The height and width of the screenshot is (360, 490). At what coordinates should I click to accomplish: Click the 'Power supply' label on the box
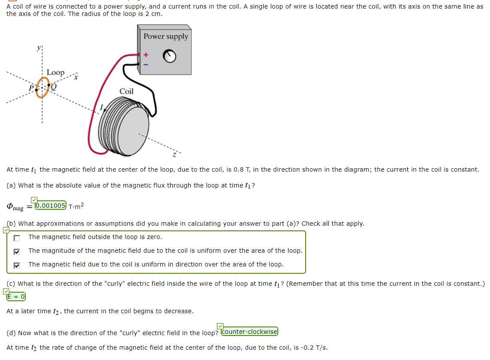pos(165,36)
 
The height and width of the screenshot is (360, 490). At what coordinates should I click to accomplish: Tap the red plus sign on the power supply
pos(146,55)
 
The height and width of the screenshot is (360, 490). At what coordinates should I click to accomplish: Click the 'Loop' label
pos(55,73)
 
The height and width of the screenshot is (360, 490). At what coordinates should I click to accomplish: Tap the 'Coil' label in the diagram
pos(126,91)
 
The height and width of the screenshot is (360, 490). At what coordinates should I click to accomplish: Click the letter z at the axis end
pos(174,154)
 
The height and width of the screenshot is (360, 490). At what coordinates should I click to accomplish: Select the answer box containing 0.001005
pos(51,205)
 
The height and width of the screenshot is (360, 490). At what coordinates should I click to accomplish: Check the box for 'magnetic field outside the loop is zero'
pos(17,238)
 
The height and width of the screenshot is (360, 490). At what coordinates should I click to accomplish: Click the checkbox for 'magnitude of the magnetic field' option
pos(17,251)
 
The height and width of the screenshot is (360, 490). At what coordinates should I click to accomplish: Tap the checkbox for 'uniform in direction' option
pos(17,265)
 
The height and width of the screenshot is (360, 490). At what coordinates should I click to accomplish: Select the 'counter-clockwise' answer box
pos(250,331)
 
